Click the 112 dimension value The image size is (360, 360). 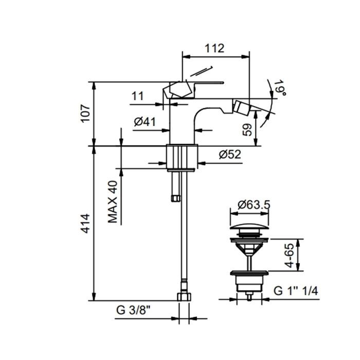click(x=214, y=48)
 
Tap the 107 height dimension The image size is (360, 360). click(x=86, y=114)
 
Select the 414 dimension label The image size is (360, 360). click(x=86, y=223)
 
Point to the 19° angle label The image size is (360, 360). click(x=281, y=88)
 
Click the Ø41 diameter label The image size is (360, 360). click(x=145, y=121)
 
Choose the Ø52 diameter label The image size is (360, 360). click(x=230, y=154)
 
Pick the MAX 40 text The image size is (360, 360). click(x=113, y=202)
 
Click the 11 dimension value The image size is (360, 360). click(x=137, y=96)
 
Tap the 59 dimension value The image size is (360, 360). click(x=247, y=130)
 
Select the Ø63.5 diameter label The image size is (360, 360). click(x=254, y=205)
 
